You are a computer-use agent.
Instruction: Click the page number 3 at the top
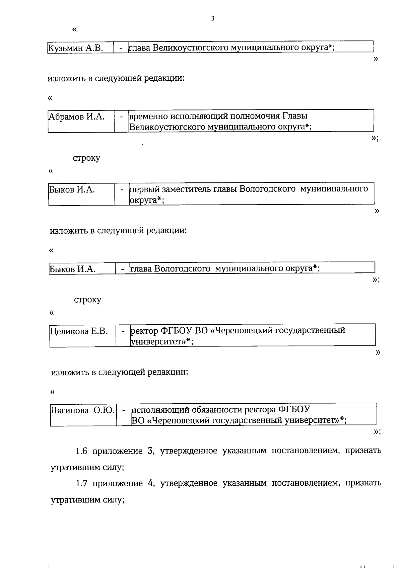[x=213, y=19]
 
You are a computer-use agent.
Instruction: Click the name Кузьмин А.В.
[x=75, y=48]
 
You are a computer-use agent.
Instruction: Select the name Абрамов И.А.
[x=77, y=117]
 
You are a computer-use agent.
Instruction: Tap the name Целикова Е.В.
[x=79, y=331]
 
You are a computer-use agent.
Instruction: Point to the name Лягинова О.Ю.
[x=83, y=410]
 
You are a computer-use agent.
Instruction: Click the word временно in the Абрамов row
[x=148, y=116]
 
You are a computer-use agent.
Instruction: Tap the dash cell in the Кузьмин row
[x=121, y=48]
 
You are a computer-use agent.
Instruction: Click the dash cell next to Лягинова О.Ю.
[x=124, y=410]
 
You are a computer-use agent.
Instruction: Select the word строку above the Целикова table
[x=87, y=300]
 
